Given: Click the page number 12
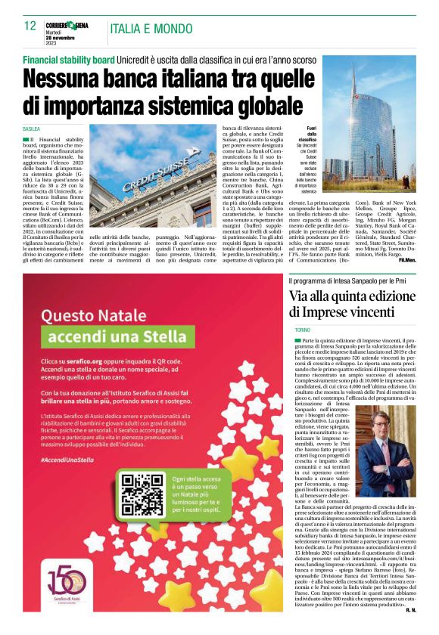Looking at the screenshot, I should pyautogui.click(x=30, y=26).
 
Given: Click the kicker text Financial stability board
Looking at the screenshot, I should pyautogui.click(x=69, y=59).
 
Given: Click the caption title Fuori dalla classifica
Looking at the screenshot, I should pyautogui.click(x=307, y=135).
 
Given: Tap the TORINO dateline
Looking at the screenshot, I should pyautogui.click(x=303, y=331).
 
